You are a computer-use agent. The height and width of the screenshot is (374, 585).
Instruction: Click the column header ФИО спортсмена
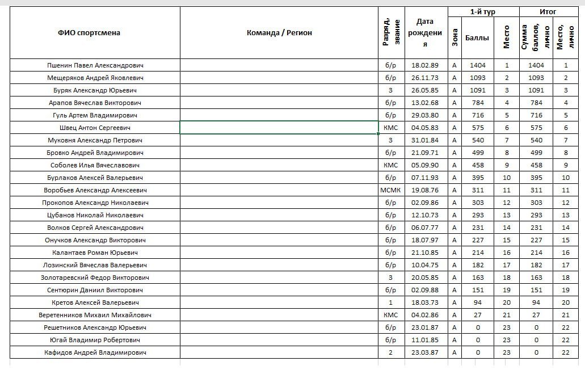coord(89,33)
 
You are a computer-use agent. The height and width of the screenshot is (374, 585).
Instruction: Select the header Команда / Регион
coord(279,33)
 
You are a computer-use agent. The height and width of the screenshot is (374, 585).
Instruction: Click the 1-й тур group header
coord(482,12)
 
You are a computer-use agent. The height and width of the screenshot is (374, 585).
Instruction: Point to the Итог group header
coord(548,12)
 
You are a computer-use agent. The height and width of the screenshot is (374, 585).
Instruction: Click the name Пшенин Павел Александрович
coord(95,65)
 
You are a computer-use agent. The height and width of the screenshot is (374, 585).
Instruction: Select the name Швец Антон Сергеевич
coord(95,128)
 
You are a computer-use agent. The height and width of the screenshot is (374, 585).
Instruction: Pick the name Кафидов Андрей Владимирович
coord(95,352)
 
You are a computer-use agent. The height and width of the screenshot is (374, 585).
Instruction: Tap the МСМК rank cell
coord(390,190)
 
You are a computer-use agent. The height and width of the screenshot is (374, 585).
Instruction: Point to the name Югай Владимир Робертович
coord(95,340)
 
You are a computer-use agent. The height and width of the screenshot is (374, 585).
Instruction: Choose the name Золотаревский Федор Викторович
coord(95,278)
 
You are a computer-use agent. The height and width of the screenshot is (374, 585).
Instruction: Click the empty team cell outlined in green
coord(279,128)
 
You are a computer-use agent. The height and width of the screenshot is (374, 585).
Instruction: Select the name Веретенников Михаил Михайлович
coord(95,315)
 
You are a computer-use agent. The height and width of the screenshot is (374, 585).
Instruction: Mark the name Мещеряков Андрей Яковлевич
coord(95,78)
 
